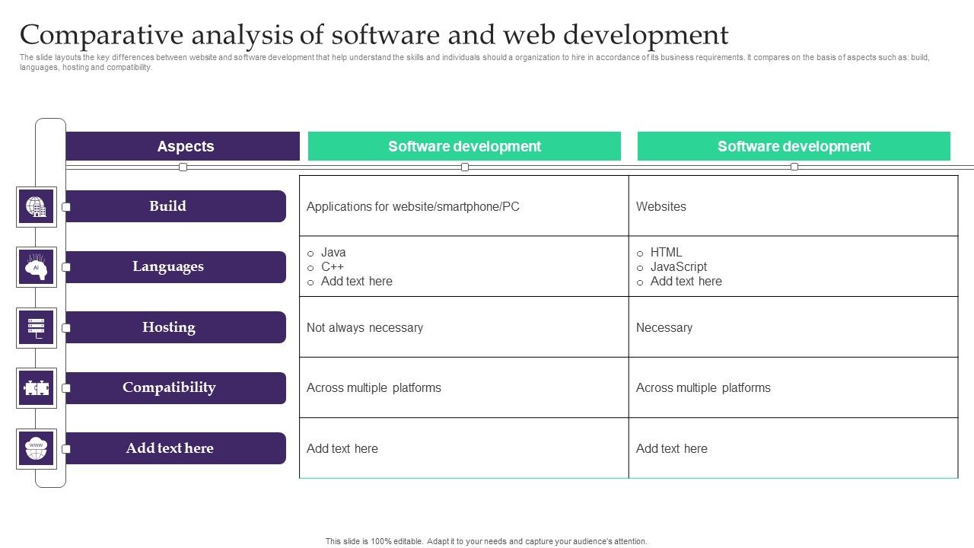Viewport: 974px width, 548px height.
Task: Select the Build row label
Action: coord(168,206)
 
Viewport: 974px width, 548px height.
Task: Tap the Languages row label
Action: coord(168,266)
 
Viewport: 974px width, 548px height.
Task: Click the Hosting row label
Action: coord(168,327)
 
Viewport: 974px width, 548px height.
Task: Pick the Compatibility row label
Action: coord(168,387)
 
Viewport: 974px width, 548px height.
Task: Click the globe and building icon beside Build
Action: coord(37,206)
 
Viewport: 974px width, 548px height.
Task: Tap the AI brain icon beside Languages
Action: coord(37,267)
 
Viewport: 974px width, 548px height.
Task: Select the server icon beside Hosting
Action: coord(37,327)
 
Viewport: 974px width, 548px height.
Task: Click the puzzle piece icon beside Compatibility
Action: coord(37,388)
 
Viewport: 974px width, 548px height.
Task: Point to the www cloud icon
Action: coord(37,448)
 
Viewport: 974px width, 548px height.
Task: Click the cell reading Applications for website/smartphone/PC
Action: coord(413,206)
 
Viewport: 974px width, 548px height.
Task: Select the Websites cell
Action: coord(661,206)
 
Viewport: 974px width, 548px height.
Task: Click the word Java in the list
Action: coord(333,252)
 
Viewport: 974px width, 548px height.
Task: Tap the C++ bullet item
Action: coord(333,266)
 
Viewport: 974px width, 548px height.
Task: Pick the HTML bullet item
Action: coord(667,252)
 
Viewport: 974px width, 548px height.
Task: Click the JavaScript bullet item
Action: coord(679,266)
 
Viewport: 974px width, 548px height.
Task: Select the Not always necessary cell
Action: coord(364,327)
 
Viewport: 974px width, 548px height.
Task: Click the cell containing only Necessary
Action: coord(664,327)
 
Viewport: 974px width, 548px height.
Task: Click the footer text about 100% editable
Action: coord(486,541)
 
